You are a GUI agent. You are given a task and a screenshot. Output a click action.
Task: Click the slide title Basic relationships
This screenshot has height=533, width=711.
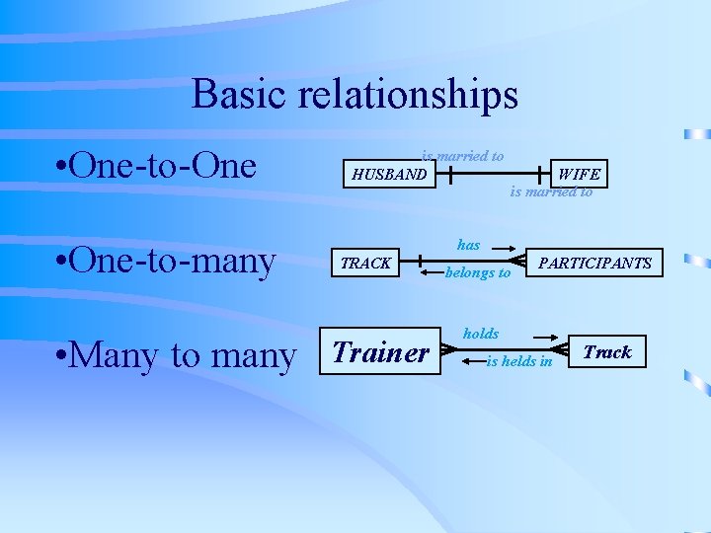pyautogui.click(x=355, y=95)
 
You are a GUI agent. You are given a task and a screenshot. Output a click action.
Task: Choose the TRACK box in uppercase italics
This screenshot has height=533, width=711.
pyautogui.click(x=365, y=264)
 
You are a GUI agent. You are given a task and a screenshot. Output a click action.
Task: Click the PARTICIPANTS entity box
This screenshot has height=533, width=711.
pyautogui.click(x=594, y=264)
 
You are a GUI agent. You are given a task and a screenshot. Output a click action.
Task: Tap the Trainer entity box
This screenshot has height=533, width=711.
pyautogui.click(x=381, y=351)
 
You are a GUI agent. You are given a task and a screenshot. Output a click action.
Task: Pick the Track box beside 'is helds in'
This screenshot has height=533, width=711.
pyautogui.click(x=606, y=352)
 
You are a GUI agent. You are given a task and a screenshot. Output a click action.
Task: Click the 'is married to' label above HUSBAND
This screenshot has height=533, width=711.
pyautogui.click(x=462, y=156)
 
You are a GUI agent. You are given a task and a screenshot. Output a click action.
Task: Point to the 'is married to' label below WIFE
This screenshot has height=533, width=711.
pyautogui.click(x=551, y=192)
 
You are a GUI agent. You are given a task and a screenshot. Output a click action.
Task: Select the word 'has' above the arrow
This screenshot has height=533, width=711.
pyautogui.click(x=468, y=244)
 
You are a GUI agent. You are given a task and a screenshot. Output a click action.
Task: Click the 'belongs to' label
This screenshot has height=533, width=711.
pyautogui.click(x=478, y=272)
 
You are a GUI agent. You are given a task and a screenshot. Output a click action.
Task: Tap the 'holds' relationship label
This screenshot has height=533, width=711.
pyautogui.click(x=481, y=335)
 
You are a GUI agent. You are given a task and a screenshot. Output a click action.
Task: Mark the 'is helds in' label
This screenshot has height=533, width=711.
pyautogui.click(x=519, y=361)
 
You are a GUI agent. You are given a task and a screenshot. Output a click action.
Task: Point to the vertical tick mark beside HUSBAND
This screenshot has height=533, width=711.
pyautogui.click(x=449, y=176)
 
